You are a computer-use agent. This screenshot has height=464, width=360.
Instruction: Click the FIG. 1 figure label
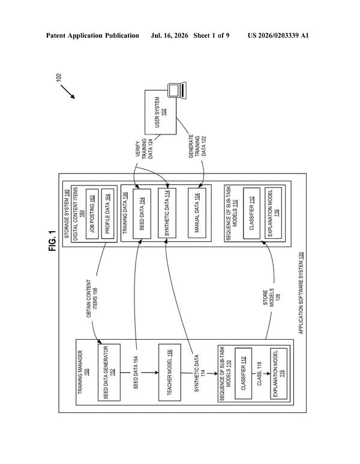pyautogui.click(x=52, y=241)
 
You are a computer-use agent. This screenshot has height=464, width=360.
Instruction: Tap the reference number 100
pyautogui.click(x=59, y=77)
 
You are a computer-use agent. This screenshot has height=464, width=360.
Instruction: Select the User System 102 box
pyautogui.click(x=160, y=112)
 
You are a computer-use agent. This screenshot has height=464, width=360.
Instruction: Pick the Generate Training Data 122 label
pyautogui.click(x=197, y=146)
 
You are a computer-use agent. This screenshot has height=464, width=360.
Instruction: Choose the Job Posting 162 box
pyautogui.click(x=92, y=214)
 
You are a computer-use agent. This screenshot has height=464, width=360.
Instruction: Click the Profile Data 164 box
pyautogui.click(x=107, y=214)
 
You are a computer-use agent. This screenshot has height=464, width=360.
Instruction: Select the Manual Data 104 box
pyautogui.click(x=197, y=212)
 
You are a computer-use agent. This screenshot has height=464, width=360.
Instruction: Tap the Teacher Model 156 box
pyautogui.click(x=169, y=372)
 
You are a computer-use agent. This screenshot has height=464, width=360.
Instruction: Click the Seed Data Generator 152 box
pyautogui.click(x=109, y=372)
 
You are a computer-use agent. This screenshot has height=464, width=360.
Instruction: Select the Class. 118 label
pyautogui.click(x=259, y=373)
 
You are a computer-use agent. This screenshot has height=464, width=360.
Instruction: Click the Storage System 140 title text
pyautogui.click(x=67, y=214)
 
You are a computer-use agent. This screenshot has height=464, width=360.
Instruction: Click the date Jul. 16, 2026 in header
pyautogui.click(x=169, y=36)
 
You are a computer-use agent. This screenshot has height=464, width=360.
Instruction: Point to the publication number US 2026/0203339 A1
pyautogui.click(x=278, y=36)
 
